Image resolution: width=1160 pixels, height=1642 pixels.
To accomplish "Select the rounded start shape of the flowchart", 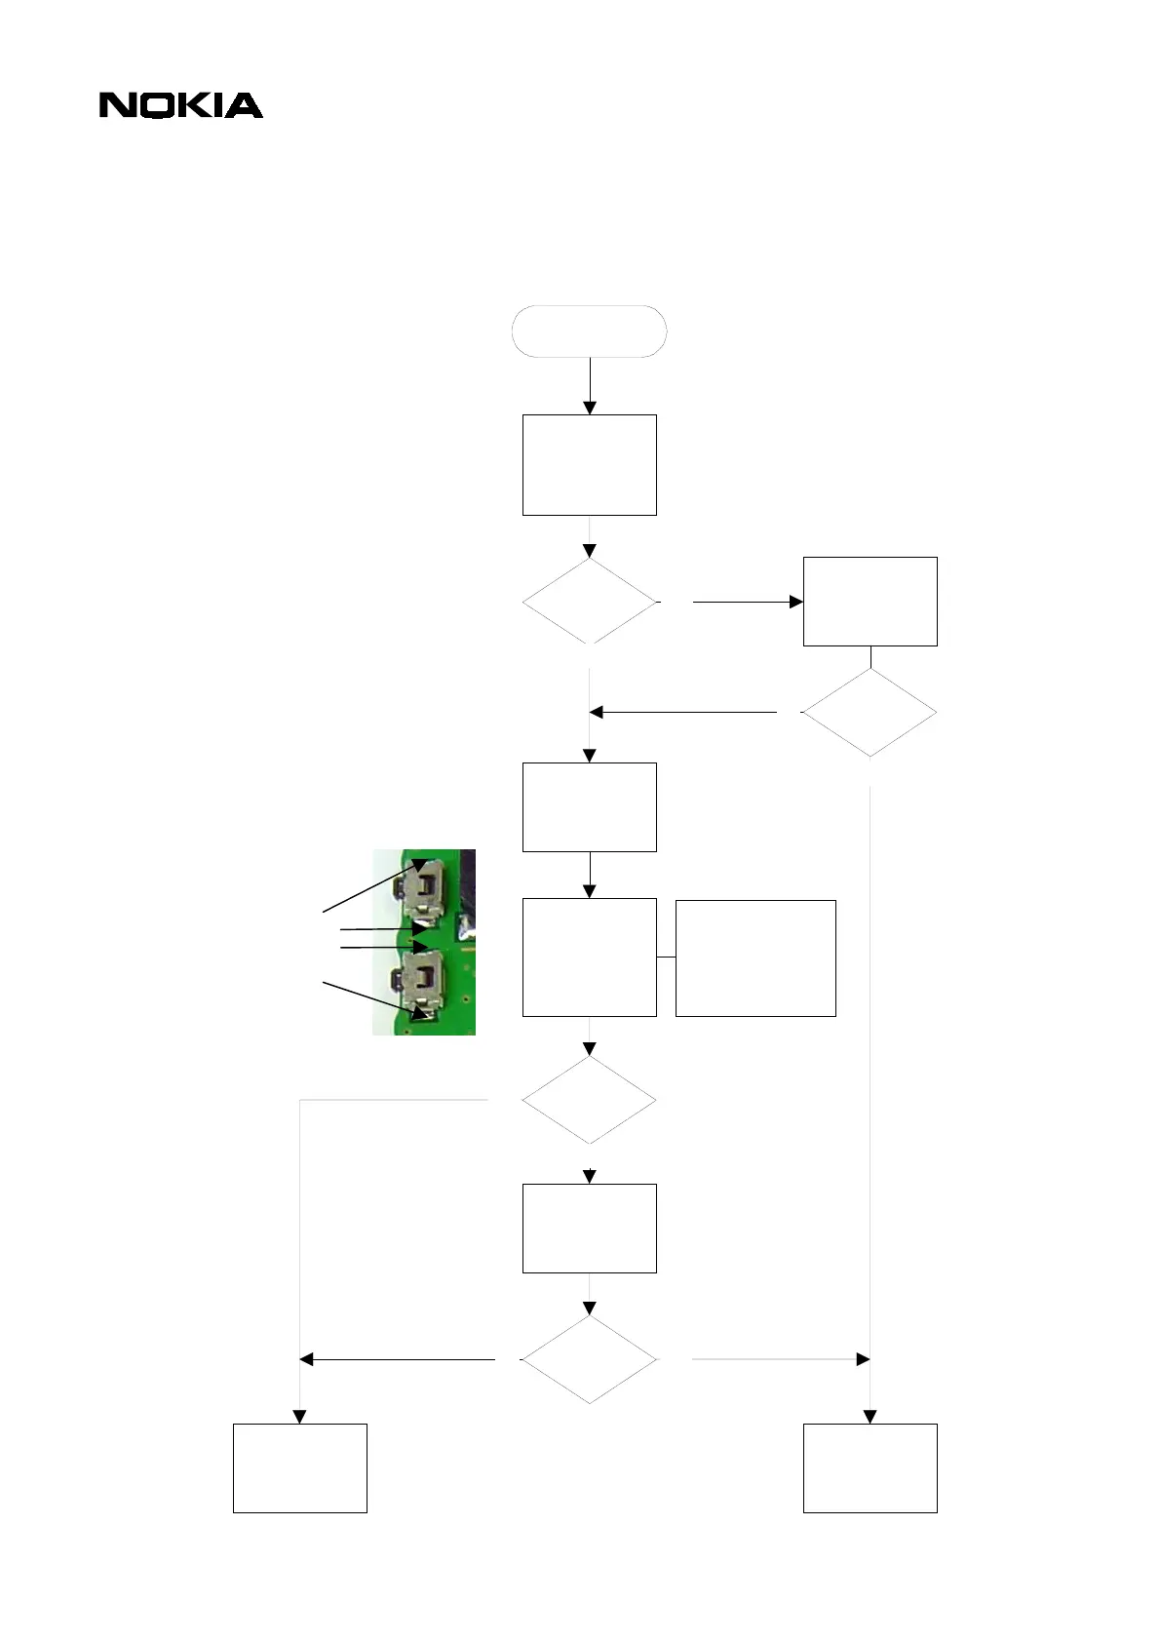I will [x=589, y=332].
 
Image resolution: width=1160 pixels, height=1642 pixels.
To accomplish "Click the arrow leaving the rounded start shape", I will [x=589, y=385].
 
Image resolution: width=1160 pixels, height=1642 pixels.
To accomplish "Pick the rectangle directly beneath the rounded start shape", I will [x=589, y=464].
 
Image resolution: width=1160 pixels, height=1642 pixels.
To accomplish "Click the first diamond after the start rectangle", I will [x=589, y=602].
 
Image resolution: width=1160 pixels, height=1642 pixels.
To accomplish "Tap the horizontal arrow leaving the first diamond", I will [x=747, y=602].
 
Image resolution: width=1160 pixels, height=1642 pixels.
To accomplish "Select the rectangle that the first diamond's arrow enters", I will [x=870, y=601].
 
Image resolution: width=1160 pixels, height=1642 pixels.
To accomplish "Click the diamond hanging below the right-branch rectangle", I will [x=870, y=713].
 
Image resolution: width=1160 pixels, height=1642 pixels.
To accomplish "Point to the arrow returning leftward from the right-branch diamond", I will [x=682, y=713].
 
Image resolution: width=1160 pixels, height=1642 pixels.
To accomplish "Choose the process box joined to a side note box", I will [x=589, y=957].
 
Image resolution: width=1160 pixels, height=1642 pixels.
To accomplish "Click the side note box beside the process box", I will [x=754, y=958].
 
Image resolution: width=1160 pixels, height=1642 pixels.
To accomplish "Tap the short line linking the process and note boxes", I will [x=666, y=958].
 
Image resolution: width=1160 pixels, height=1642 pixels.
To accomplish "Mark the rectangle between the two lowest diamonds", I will [x=589, y=1228].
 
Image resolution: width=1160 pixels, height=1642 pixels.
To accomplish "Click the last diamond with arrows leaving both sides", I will [x=589, y=1359].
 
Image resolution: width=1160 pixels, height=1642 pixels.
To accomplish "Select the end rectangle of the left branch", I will [x=299, y=1467].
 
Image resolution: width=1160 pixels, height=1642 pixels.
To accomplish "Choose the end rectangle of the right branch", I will [x=870, y=1467].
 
